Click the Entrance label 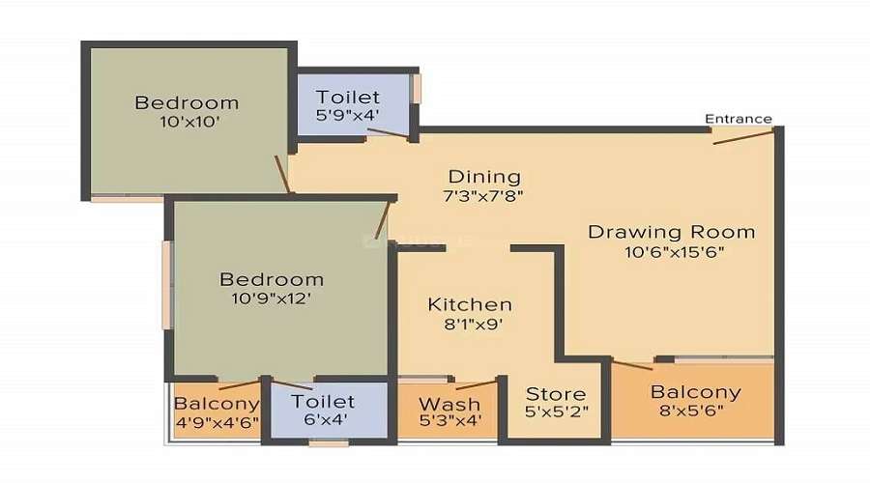coord(738,119)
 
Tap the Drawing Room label coord(672,232)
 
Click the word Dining coord(484,177)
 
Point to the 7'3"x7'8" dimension coord(484,196)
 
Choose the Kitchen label coord(470,304)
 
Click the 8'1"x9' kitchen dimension coord(470,325)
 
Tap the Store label coord(556,394)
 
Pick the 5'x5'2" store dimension coord(556,413)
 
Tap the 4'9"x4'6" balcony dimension coord(217,423)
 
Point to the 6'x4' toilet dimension coord(323,421)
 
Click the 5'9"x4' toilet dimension coord(348,117)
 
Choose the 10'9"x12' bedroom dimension coord(271,299)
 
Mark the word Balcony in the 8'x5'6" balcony coord(695,392)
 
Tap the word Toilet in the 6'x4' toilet coord(323,401)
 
